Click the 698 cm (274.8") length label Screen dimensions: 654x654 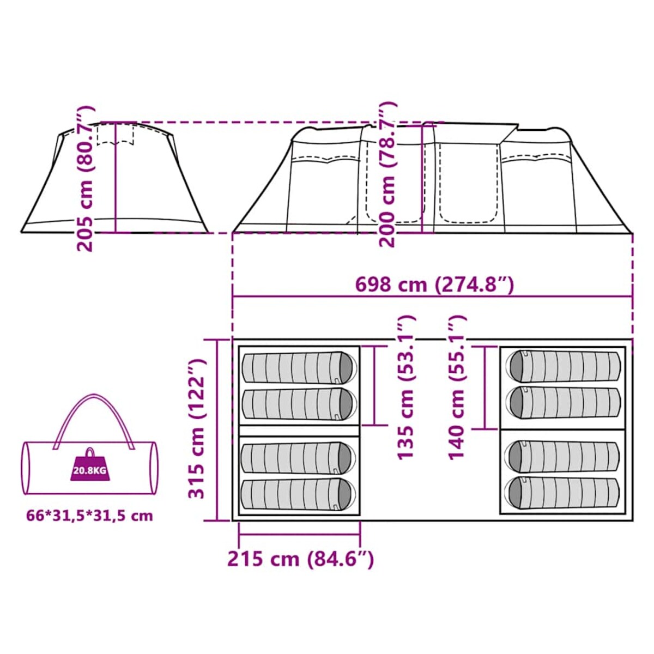click(434, 284)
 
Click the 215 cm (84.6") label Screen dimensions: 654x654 click(300, 559)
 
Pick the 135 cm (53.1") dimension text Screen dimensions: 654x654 click(406, 387)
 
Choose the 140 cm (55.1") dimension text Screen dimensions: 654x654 click(457, 387)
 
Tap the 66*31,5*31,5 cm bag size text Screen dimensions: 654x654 click(89, 516)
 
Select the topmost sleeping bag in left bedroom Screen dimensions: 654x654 click(299, 367)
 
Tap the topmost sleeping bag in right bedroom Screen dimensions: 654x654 click(564, 366)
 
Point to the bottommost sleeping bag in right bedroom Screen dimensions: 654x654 click(564, 494)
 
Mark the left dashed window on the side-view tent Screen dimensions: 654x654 click(326, 160)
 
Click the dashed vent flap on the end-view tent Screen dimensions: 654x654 click(115, 135)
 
